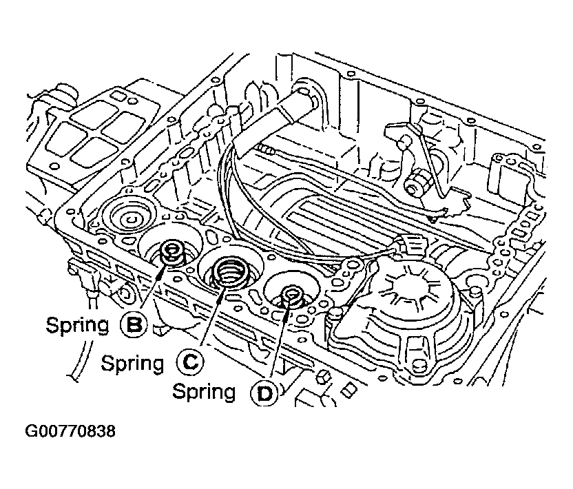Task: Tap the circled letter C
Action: click(189, 362)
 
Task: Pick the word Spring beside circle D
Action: click(204, 392)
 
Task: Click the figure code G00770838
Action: click(70, 431)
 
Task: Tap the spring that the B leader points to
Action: click(172, 253)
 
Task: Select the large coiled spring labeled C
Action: click(230, 272)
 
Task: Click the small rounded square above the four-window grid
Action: click(118, 96)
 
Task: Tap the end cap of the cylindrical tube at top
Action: click(307, 96)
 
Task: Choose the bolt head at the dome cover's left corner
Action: click(336, 313)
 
